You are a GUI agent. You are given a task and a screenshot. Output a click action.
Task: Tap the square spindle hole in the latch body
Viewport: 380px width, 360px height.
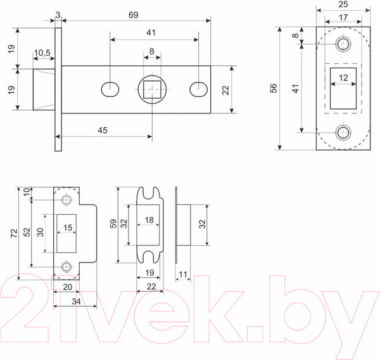151,89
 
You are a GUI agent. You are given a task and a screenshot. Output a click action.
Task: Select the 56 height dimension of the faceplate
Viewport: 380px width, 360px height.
273,88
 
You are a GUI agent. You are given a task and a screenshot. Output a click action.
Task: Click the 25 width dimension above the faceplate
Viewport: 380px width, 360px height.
343,6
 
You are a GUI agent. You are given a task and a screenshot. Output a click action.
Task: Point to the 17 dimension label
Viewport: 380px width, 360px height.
343,18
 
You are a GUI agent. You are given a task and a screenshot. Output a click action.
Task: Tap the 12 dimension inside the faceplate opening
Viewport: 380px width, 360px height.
343,78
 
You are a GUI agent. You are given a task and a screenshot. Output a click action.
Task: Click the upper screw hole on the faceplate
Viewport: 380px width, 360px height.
343,44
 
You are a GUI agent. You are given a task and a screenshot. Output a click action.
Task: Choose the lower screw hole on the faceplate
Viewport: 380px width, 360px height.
343,133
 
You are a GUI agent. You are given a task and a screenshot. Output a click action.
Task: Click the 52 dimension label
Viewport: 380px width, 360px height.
26,232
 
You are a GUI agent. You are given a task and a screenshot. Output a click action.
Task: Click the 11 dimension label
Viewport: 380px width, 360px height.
183,274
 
